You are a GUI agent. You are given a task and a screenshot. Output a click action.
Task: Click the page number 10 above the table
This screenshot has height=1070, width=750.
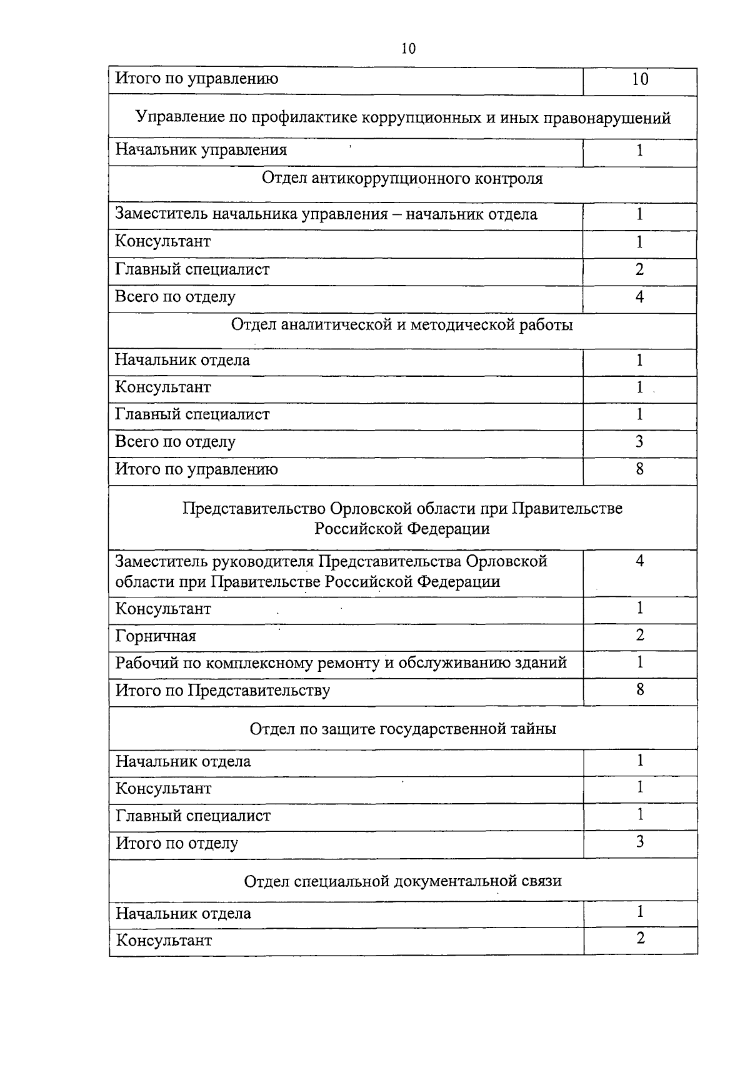point(408,49)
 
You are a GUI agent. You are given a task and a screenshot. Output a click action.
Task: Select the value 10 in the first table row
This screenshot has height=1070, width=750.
point(640,79)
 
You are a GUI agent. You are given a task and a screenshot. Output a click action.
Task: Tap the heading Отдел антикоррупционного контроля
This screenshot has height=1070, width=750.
point(402,179)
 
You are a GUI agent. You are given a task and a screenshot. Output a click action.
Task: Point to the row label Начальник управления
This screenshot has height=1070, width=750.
point(201,150)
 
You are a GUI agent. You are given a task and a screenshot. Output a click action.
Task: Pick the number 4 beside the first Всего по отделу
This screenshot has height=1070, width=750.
point(639,297)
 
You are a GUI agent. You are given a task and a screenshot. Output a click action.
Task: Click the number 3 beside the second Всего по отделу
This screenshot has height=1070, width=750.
point(639,442)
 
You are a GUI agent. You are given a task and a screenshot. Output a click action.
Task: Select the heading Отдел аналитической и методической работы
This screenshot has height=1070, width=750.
point(402,325)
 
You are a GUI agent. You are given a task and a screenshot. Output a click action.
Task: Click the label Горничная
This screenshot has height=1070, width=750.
point(156,636)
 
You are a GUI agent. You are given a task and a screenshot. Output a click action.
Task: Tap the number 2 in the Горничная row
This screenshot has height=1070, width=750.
point(640,636)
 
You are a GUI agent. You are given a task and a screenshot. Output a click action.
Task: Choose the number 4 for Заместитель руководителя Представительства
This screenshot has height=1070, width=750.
point(639,561)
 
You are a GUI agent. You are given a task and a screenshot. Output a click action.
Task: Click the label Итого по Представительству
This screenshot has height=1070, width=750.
point(223,691)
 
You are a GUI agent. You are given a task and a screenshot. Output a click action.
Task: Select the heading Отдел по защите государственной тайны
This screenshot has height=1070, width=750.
point(402,729)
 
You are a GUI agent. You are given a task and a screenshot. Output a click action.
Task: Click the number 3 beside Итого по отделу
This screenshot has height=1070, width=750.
point(640,842)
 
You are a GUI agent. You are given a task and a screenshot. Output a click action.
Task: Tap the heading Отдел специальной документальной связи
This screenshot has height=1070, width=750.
point(402,881)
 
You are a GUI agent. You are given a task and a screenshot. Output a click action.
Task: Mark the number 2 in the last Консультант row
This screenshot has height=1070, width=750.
point(640,938)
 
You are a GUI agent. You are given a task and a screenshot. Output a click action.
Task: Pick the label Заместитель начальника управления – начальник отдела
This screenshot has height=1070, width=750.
point(326,214)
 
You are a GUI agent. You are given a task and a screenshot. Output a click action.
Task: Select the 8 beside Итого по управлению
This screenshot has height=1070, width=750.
point(639,469)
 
